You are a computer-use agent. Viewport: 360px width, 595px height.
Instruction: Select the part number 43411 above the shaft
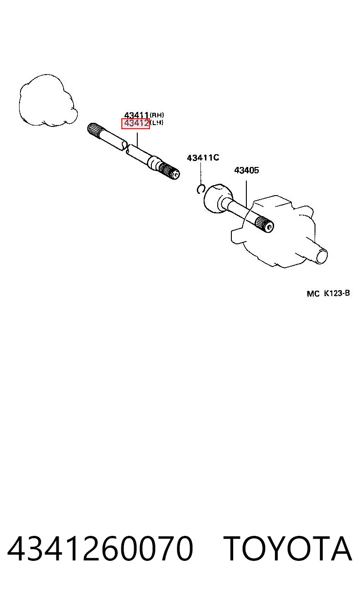[x=136, y=115]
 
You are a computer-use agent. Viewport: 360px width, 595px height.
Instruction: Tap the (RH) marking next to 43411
[x=157, y=115]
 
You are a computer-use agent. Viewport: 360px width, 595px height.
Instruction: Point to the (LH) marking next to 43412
[x=157, y=123]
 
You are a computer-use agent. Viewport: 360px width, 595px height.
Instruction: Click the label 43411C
[x=203, y=158]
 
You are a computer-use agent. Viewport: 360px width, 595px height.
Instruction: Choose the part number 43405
[x=246, y=170]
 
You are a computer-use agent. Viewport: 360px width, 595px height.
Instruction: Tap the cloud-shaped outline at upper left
[x=48, y=100]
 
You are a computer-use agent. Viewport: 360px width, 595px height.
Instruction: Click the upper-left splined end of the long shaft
[x=94, y=130]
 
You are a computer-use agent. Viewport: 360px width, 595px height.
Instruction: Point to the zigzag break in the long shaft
[x=126, y=149]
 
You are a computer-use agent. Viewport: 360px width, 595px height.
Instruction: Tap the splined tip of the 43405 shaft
[x=265, y=224]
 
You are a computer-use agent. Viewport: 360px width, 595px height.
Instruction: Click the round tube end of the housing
[x=321, y=256]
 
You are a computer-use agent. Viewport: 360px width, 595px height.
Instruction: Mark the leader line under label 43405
[x=246, y=194]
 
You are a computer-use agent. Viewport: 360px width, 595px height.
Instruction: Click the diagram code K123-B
[x=337, y=293]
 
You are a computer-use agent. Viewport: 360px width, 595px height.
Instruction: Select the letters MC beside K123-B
[x=313, y=294]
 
